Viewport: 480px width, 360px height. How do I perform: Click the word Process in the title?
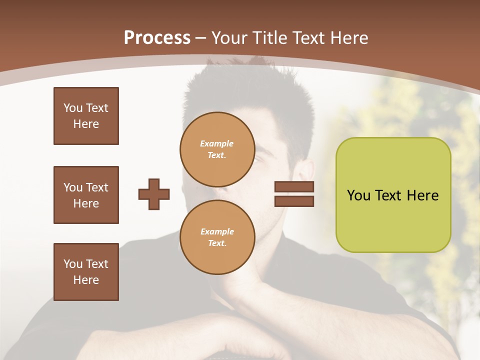point(157,38)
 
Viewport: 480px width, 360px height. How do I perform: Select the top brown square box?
point(86,116)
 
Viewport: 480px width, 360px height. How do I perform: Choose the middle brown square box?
point(86,195)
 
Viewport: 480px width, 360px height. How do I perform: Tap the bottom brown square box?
point(86,272)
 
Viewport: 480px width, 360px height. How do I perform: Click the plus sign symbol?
point(154,194)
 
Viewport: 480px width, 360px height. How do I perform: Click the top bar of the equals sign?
point(294,186)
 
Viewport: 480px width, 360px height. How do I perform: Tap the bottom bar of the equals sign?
point(294,201)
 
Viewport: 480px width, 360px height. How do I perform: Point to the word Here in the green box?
point(422,195)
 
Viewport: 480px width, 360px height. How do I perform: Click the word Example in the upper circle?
point(217,143)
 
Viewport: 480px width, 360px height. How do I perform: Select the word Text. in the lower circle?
point(217,243)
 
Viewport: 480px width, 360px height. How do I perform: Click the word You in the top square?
point(73,108)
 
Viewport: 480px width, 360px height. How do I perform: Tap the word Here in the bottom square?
point(86,280)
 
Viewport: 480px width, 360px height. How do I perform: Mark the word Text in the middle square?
point(97,187)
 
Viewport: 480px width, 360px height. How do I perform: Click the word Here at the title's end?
point(350,38)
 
